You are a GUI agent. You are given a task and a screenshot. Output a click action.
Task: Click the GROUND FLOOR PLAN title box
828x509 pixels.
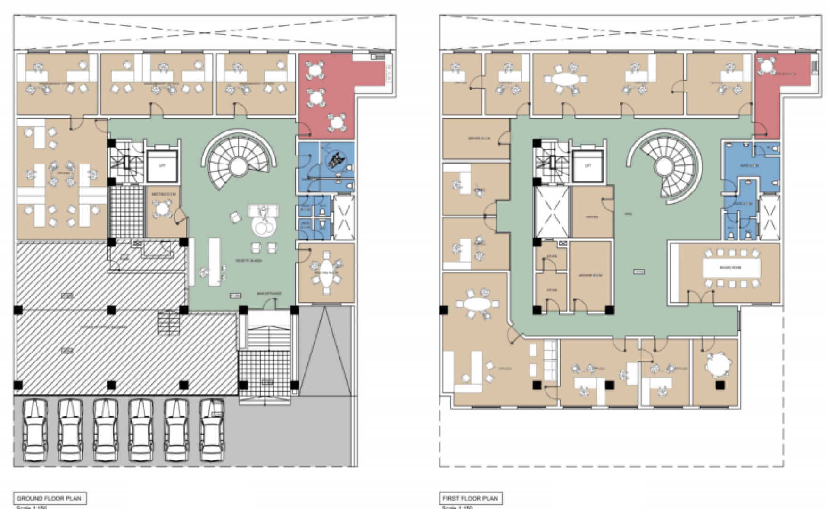[49, 498]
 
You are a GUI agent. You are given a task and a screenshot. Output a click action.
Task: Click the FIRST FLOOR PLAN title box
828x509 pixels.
[470, 498]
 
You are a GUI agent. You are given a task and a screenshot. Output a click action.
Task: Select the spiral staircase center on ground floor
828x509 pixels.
[238, 166]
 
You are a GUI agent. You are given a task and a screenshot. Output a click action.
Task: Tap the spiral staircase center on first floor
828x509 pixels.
[664, 166]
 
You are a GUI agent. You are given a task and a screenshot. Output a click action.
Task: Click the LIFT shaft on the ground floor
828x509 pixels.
[162, 166]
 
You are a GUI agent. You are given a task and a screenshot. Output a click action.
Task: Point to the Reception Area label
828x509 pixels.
[249, 261]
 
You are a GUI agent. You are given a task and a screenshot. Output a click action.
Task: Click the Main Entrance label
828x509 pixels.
[269, 294]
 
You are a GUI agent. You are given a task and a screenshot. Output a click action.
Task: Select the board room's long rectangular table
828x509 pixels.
[731, 268]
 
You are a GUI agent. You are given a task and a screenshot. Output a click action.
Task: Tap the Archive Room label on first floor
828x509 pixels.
[590, 275]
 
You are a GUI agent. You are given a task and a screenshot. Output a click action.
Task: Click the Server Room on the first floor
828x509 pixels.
[476, 139]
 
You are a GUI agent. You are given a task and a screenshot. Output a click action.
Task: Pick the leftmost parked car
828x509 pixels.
[35, 430]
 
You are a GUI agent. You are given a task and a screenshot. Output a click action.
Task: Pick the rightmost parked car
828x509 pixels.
[212, 430]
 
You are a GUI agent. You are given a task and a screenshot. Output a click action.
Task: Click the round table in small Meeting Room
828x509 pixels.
[163, 208]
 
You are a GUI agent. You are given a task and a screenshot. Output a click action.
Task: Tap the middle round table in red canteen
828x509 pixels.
[315, 98]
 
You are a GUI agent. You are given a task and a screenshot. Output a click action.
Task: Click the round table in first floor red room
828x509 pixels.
[767, 66]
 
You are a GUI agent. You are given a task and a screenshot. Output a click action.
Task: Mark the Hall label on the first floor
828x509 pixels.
[628, 214]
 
